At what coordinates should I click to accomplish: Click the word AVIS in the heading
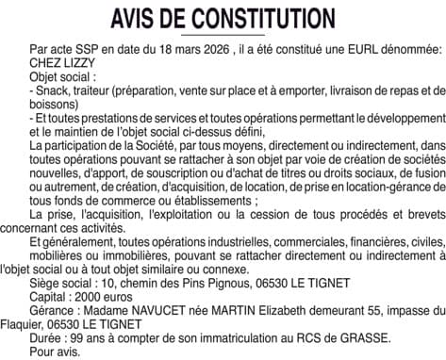coord(139,19)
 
